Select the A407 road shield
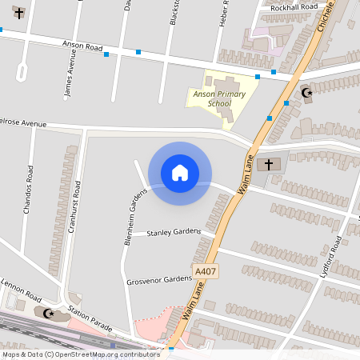point(206,273)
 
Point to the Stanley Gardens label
point(174,232)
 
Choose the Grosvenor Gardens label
point(160,281)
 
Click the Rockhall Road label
point(294,7)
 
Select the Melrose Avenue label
point(24,124)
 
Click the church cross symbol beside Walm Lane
point(269,165)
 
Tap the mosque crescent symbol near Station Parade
point(50,313)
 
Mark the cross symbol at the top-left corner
point(19,13)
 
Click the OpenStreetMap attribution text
point(80,354)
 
